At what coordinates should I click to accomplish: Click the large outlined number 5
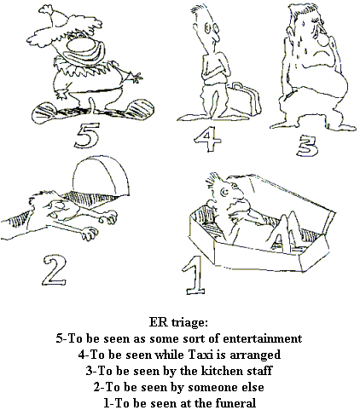pyautogui.click(x=87, y=136)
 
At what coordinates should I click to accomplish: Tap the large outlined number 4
pyautogui.click(x=207, y=138)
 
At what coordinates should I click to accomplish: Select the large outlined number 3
pyautogui.click(x=307, y=146)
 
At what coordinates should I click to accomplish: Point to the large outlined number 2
pyautogui.click(x=55, y=270)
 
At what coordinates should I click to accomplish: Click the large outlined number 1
pyautogui.click(x=195, y=275)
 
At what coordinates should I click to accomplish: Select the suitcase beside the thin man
pyautogui.click(x=245, y=100)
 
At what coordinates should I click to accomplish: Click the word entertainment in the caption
pyautogui.click(x=263, y=338)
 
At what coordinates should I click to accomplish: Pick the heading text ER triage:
pyautogui.click(x=178, y=322)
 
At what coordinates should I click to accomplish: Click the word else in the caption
pyautogui.click(x=253, y=387)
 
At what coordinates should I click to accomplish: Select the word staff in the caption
pyautogui.click(x=259, y=371)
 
